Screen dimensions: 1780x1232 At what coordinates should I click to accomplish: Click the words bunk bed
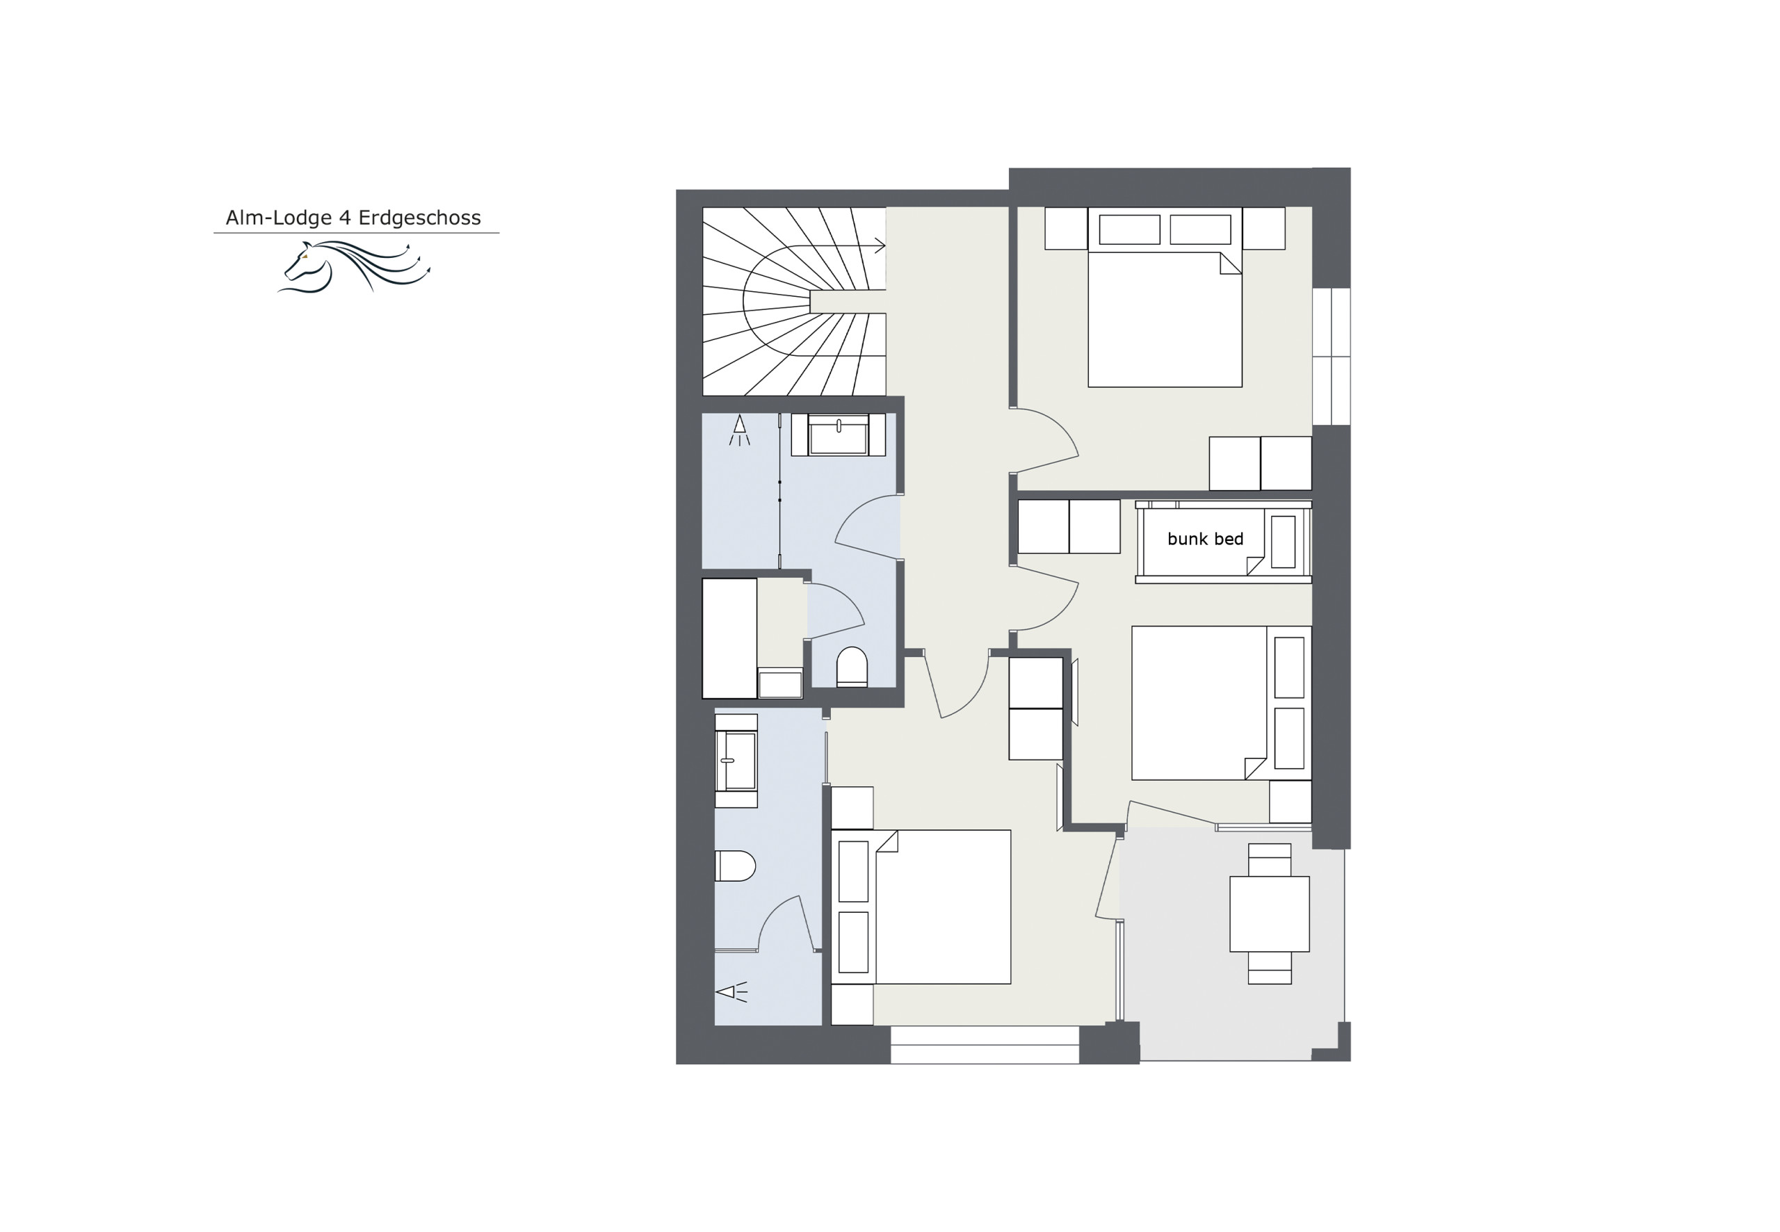tap(1205, 539)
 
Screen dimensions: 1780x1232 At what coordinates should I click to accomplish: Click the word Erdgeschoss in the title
tap(419, 218)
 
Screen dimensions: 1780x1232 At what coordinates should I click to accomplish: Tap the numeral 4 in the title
tap(345, 218)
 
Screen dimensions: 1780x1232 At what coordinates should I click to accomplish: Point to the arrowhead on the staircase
tap(879, 246)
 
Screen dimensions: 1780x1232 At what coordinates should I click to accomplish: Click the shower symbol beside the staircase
tap(740, 430)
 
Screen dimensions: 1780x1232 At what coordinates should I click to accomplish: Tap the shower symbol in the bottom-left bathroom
tap(731, 991)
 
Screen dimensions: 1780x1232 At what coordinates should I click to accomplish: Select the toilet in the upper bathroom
tap(852, 667)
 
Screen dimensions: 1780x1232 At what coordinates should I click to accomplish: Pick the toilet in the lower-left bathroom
tap(735, 866)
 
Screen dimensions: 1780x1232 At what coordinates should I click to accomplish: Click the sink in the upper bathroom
tap(839, 435)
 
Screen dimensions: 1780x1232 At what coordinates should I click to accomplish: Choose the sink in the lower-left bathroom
tap(736, 761)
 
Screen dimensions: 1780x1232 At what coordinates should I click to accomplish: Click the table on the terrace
tap(1269, 913)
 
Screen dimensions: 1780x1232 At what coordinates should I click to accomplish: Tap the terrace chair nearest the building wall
tap(1270, 860)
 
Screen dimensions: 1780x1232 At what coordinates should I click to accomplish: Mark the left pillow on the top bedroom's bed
tap(1129, 230)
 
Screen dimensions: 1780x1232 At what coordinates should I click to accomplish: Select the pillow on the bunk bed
tap(1283, 542)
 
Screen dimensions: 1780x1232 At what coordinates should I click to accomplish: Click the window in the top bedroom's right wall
tap(1332, 356)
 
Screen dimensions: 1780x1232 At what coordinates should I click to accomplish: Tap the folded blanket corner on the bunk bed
tap(1255, 566)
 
